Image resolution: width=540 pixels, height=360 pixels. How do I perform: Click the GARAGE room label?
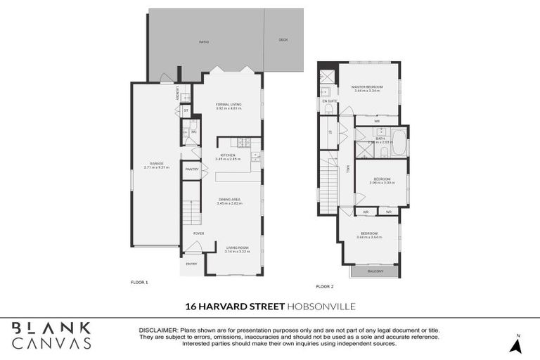(157, 163)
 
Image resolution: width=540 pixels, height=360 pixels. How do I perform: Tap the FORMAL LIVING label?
(229, 104)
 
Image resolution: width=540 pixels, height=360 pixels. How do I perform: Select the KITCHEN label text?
(228, 155)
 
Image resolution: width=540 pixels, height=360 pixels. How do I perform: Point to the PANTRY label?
(191, 169)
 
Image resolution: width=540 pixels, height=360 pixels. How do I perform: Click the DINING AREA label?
(229, 199)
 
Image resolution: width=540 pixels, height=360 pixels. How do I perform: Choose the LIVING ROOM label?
(237, 247)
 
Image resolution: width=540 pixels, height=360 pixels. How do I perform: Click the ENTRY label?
(191, 264)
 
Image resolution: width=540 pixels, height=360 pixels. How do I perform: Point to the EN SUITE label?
(329, 101)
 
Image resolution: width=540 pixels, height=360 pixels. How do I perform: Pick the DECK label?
(283, 39)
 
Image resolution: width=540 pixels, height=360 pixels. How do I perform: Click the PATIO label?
(203, 42)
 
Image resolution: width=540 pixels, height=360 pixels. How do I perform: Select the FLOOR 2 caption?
(324, 286)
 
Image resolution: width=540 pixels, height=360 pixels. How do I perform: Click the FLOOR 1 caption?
(139, 282)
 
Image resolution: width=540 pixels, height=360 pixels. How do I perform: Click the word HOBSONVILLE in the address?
(321, 306)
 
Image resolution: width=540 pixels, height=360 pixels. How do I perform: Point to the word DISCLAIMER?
(159, 330)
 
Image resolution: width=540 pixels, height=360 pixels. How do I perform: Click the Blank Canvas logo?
(51, 335)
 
